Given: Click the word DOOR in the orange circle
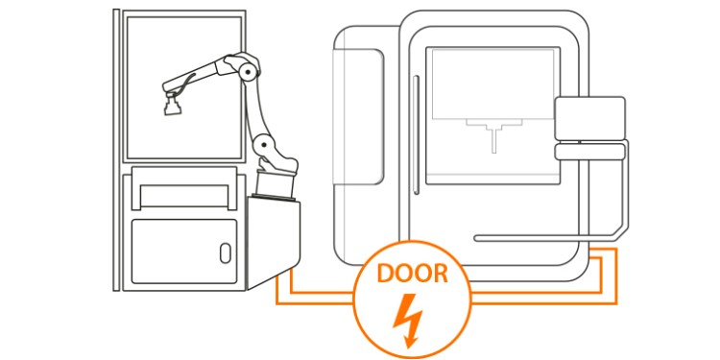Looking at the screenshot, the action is pyautogui.click(x=413, y=274).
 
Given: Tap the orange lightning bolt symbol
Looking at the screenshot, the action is pyautogui.click(x=408, y=320).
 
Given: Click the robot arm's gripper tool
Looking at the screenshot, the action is pyautogui.click(x=172, y=104).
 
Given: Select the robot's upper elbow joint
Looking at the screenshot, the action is pyautogui.click(x=248, y=72).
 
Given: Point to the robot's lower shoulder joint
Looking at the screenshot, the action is pyautogui.click(x=264, y=145).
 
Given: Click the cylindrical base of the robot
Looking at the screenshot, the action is pyautogui.click(x=275, y=184).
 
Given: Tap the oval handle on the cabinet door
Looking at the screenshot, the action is pyautogui.click(x=226, y=253).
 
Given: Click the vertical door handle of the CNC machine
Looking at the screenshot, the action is pyautogui.click(x=416, y=135).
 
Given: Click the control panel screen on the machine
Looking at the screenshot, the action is pyautogui.click(x=589, y=118).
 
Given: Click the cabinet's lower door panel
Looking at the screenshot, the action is pyautogui.click(x=184, y=252).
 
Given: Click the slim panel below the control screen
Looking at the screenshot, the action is pyautogui.click(x=589, y=152).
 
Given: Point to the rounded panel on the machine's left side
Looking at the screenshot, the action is pyautogui.click(x=358, y=117).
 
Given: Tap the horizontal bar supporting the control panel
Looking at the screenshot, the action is pyautogui.click(x=546, y=238).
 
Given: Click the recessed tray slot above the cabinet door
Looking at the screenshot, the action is pyautogui.click(x=184, y=196).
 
